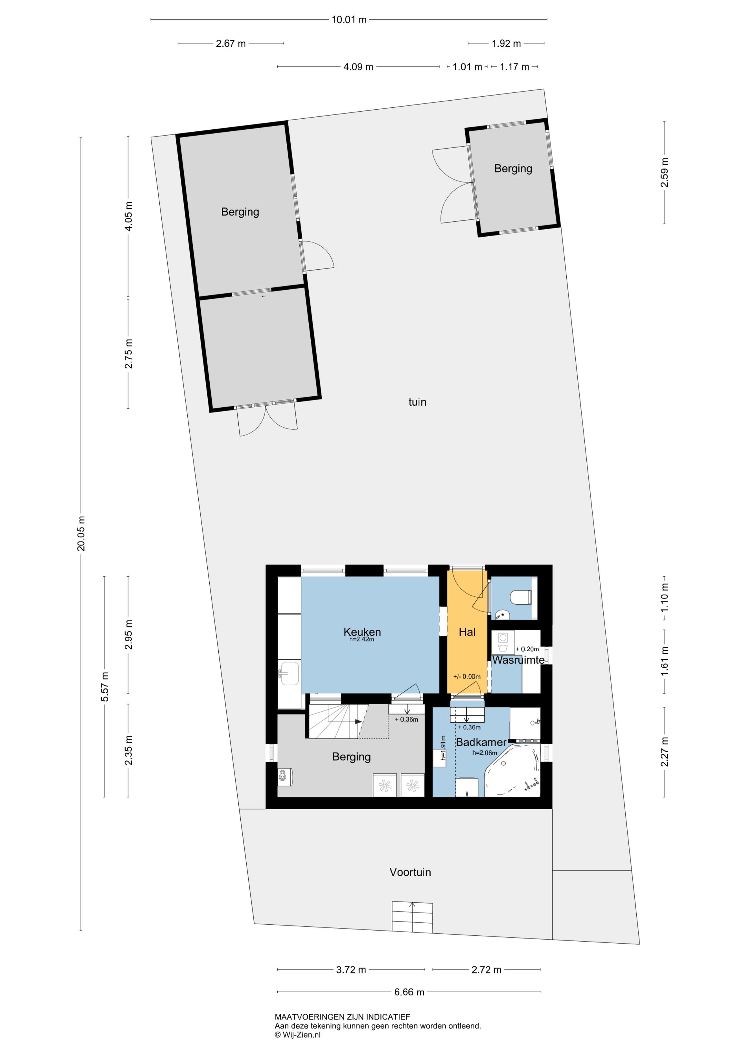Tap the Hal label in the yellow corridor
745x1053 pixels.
(467, 632)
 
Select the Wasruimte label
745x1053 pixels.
(518, 660)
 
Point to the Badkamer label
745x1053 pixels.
(481, 742)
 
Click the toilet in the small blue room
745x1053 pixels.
(521, 597)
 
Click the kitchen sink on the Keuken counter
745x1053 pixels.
(289, 673)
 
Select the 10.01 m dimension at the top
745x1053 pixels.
(349, 20)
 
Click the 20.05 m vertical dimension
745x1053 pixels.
(81, 533)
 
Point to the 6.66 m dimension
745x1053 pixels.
(409, 992)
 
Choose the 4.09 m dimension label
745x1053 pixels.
(358, 67)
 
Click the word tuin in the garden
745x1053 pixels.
(417, 402)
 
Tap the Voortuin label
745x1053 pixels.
(410, 872)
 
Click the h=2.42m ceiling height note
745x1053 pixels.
(362, 639)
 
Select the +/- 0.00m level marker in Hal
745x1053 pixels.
(467, 676)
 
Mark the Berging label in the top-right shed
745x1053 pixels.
(513, 168)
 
